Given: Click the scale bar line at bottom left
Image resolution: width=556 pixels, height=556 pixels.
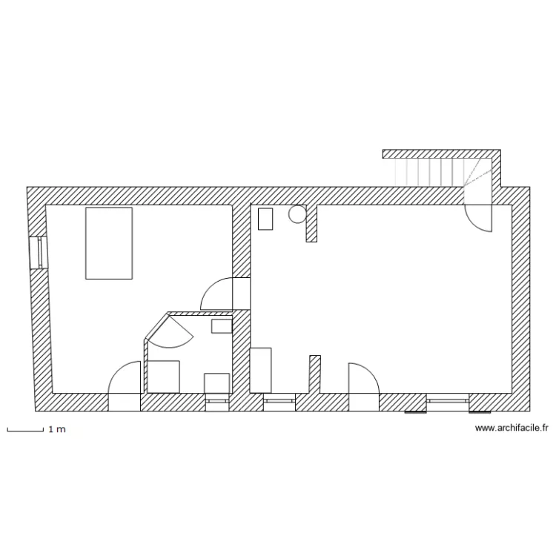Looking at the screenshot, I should [24, 428].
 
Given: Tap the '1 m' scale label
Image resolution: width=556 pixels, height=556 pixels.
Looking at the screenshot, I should [57, 429].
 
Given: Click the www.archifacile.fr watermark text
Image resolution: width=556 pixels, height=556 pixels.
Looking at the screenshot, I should [511, 428].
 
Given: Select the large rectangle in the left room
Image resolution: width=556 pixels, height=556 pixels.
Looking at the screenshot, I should [109, 243].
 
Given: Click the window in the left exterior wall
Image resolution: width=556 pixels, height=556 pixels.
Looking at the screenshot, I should [37, 253].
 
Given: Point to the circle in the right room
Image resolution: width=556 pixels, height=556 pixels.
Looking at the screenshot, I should [297, 214].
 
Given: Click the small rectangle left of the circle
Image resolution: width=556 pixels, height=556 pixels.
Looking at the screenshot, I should [265, 219].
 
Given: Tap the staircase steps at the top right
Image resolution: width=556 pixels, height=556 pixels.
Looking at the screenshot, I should [430, 173].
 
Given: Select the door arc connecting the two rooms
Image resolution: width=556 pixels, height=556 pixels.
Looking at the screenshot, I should [216, 293].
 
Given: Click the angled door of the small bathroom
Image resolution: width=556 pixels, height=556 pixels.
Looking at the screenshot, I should [174, 330].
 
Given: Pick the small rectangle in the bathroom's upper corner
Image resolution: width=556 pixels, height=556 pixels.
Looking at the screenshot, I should [222, 325].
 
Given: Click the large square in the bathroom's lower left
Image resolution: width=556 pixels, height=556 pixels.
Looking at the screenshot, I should [164, 376].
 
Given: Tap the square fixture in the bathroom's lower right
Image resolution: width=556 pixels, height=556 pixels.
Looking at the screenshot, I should [217, 383].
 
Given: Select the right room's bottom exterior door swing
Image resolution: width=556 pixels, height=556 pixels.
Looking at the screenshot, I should [363, 378].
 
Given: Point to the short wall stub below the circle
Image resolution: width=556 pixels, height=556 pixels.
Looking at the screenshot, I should [312, 223].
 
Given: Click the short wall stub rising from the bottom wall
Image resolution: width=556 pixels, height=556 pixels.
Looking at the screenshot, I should [314, 374].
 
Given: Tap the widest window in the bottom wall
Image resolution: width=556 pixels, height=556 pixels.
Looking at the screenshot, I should [447, 401].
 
